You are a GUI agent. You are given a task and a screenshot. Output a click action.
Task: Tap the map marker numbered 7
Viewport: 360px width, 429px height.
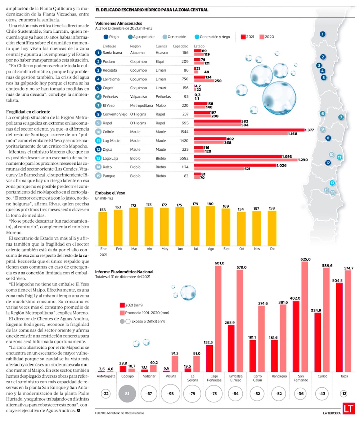pyautogui.click(x=341, y=117)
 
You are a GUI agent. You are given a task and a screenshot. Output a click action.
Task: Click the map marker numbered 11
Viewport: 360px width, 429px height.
pyautogui.click(x=339, y=157)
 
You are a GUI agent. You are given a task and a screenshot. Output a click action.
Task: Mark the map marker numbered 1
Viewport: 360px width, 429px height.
pyautogui.click(x=323, y=34)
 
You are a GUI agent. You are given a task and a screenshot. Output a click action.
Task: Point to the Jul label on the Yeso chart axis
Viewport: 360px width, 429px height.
pyautogui.click(x=195, y=248)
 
